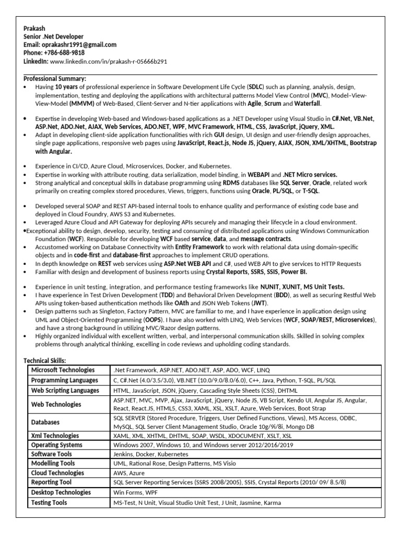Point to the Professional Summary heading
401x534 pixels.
click(x=55, y=78)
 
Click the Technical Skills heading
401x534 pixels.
click(x=45, y=360)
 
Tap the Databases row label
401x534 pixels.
click(x=45, y=422)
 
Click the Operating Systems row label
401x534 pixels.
click(x=57, y=445)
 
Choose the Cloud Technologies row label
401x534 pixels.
click(x=57, y=473)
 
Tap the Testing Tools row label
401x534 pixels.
click(x=49, y=503)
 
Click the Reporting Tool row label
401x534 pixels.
click(x=51, y=482)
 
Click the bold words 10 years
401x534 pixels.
click(x=67, y=87)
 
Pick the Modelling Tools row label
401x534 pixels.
click(x=53, y=464)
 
